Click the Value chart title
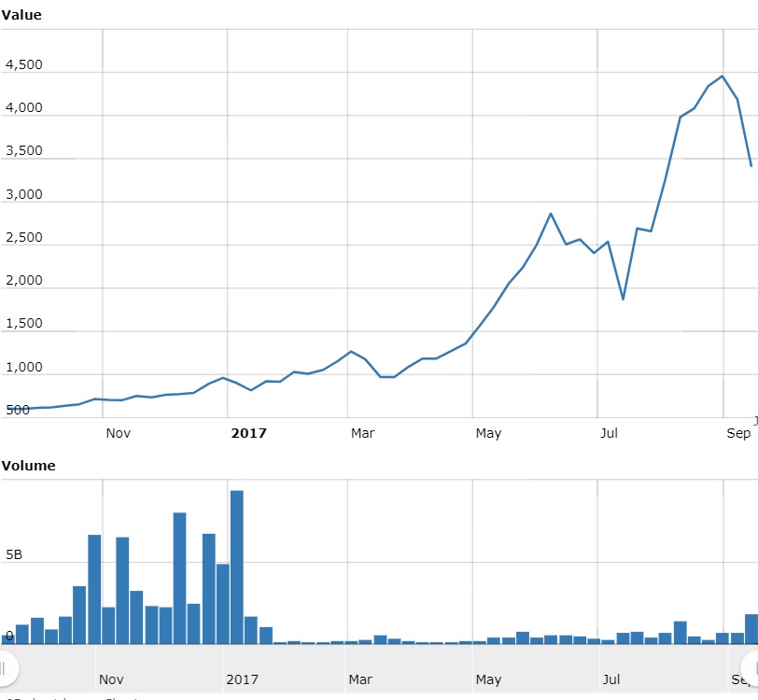click(21, 15)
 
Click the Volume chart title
click(28, 465)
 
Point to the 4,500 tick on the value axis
click(23, 65)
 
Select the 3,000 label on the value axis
click(23, 194)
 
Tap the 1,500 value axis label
click(23, 324)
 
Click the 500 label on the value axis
click(18, 410)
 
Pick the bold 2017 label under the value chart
click(249, 433)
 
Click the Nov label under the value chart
click(119, 433)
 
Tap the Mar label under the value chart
click(362, 433)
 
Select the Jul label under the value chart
click(609, 433)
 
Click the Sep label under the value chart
click(737, 433)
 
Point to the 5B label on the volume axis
click(14, 555)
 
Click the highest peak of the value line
click(723, 77)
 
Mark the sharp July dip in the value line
click(623, 299)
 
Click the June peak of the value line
click(551, 214)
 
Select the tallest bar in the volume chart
click(237, 567)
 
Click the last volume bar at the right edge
click(751, 628)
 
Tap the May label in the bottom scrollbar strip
click(488, 679)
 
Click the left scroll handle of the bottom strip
click(5, 667)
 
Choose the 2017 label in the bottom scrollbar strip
click(242, 679)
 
